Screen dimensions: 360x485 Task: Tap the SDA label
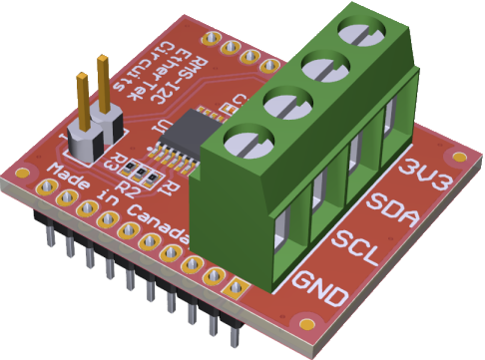(391, 210)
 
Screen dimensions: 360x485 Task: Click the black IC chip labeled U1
(186, 133)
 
